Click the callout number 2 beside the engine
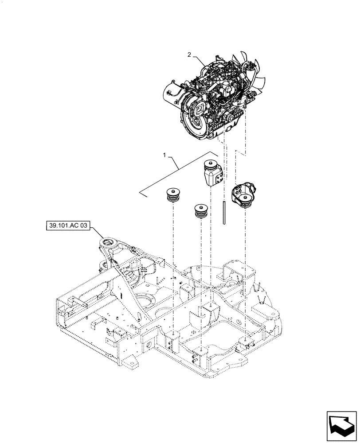click(x=189, y=55)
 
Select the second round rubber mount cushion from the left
click(x=202, y=210)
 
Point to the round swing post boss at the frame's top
click(x=108, y=242)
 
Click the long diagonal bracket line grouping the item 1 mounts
click(x=177, y=173)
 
